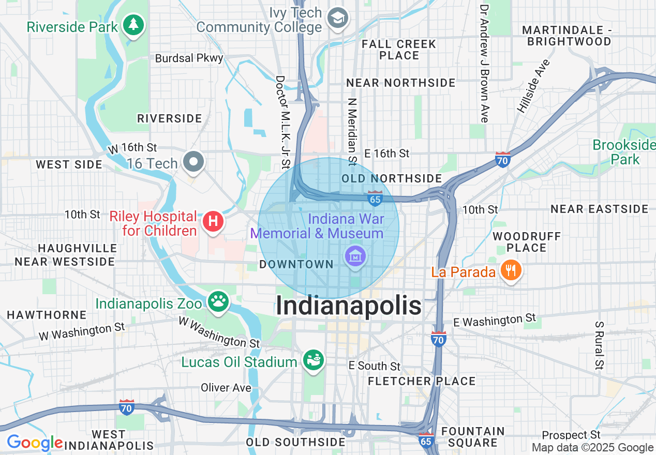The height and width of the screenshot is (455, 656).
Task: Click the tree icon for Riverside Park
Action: [133, 25]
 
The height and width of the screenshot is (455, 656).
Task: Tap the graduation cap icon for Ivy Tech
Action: [338, 18]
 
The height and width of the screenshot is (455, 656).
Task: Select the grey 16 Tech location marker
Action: [193, 161]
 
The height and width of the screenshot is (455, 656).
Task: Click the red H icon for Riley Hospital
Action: [213, 222]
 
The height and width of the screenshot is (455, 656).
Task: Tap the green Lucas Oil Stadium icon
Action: [313, 360]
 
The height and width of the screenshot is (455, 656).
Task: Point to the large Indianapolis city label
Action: [349, 306]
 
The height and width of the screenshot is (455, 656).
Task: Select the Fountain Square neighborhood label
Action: [473, 437]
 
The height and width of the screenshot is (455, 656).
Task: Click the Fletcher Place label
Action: [422, 381]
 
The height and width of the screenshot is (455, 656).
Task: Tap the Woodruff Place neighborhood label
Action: [527, 242]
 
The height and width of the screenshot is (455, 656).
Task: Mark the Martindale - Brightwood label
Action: [566, 36]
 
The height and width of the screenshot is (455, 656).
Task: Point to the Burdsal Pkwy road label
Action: [189, 58]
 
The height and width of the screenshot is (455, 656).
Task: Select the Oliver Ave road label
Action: [226, 387]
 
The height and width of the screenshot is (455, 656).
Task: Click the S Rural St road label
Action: [599, 345]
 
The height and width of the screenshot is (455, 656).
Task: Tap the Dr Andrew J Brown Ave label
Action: [484, 64]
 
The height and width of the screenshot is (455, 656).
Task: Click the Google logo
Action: [35, 443]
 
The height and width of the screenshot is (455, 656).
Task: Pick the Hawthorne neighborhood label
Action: [47, 314]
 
